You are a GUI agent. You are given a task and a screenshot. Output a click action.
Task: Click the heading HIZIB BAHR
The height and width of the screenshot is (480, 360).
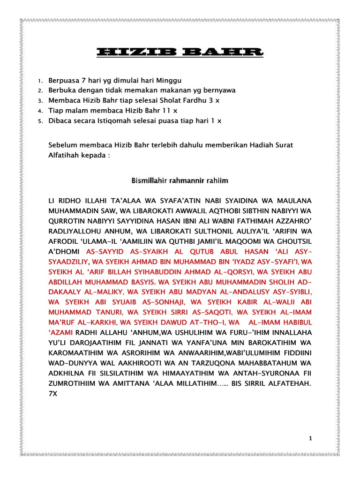[180, 53]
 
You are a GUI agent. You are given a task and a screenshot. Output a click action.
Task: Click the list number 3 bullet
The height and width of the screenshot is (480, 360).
[40, 101]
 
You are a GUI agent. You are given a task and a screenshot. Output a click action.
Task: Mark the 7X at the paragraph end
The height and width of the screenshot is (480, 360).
[53, 394]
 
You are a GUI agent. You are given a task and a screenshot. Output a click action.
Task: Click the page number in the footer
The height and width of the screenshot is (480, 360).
[310, 438]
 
